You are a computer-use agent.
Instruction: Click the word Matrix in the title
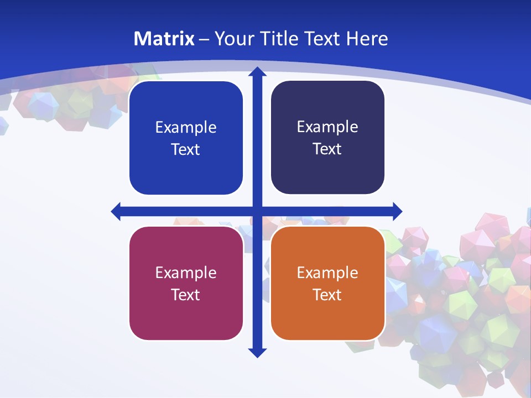coord(164,39)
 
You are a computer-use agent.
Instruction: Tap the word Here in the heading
coord(367,39)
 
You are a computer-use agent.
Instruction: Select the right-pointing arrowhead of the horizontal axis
coord(397,211)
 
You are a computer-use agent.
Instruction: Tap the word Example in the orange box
coord(327,273)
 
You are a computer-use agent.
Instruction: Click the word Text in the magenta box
coord(186,295)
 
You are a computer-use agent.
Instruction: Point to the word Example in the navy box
coord(327,127)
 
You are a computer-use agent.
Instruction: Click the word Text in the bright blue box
coord(186,149)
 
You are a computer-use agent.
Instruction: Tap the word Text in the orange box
coord(327,295)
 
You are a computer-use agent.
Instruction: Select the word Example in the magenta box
coord(186,273)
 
